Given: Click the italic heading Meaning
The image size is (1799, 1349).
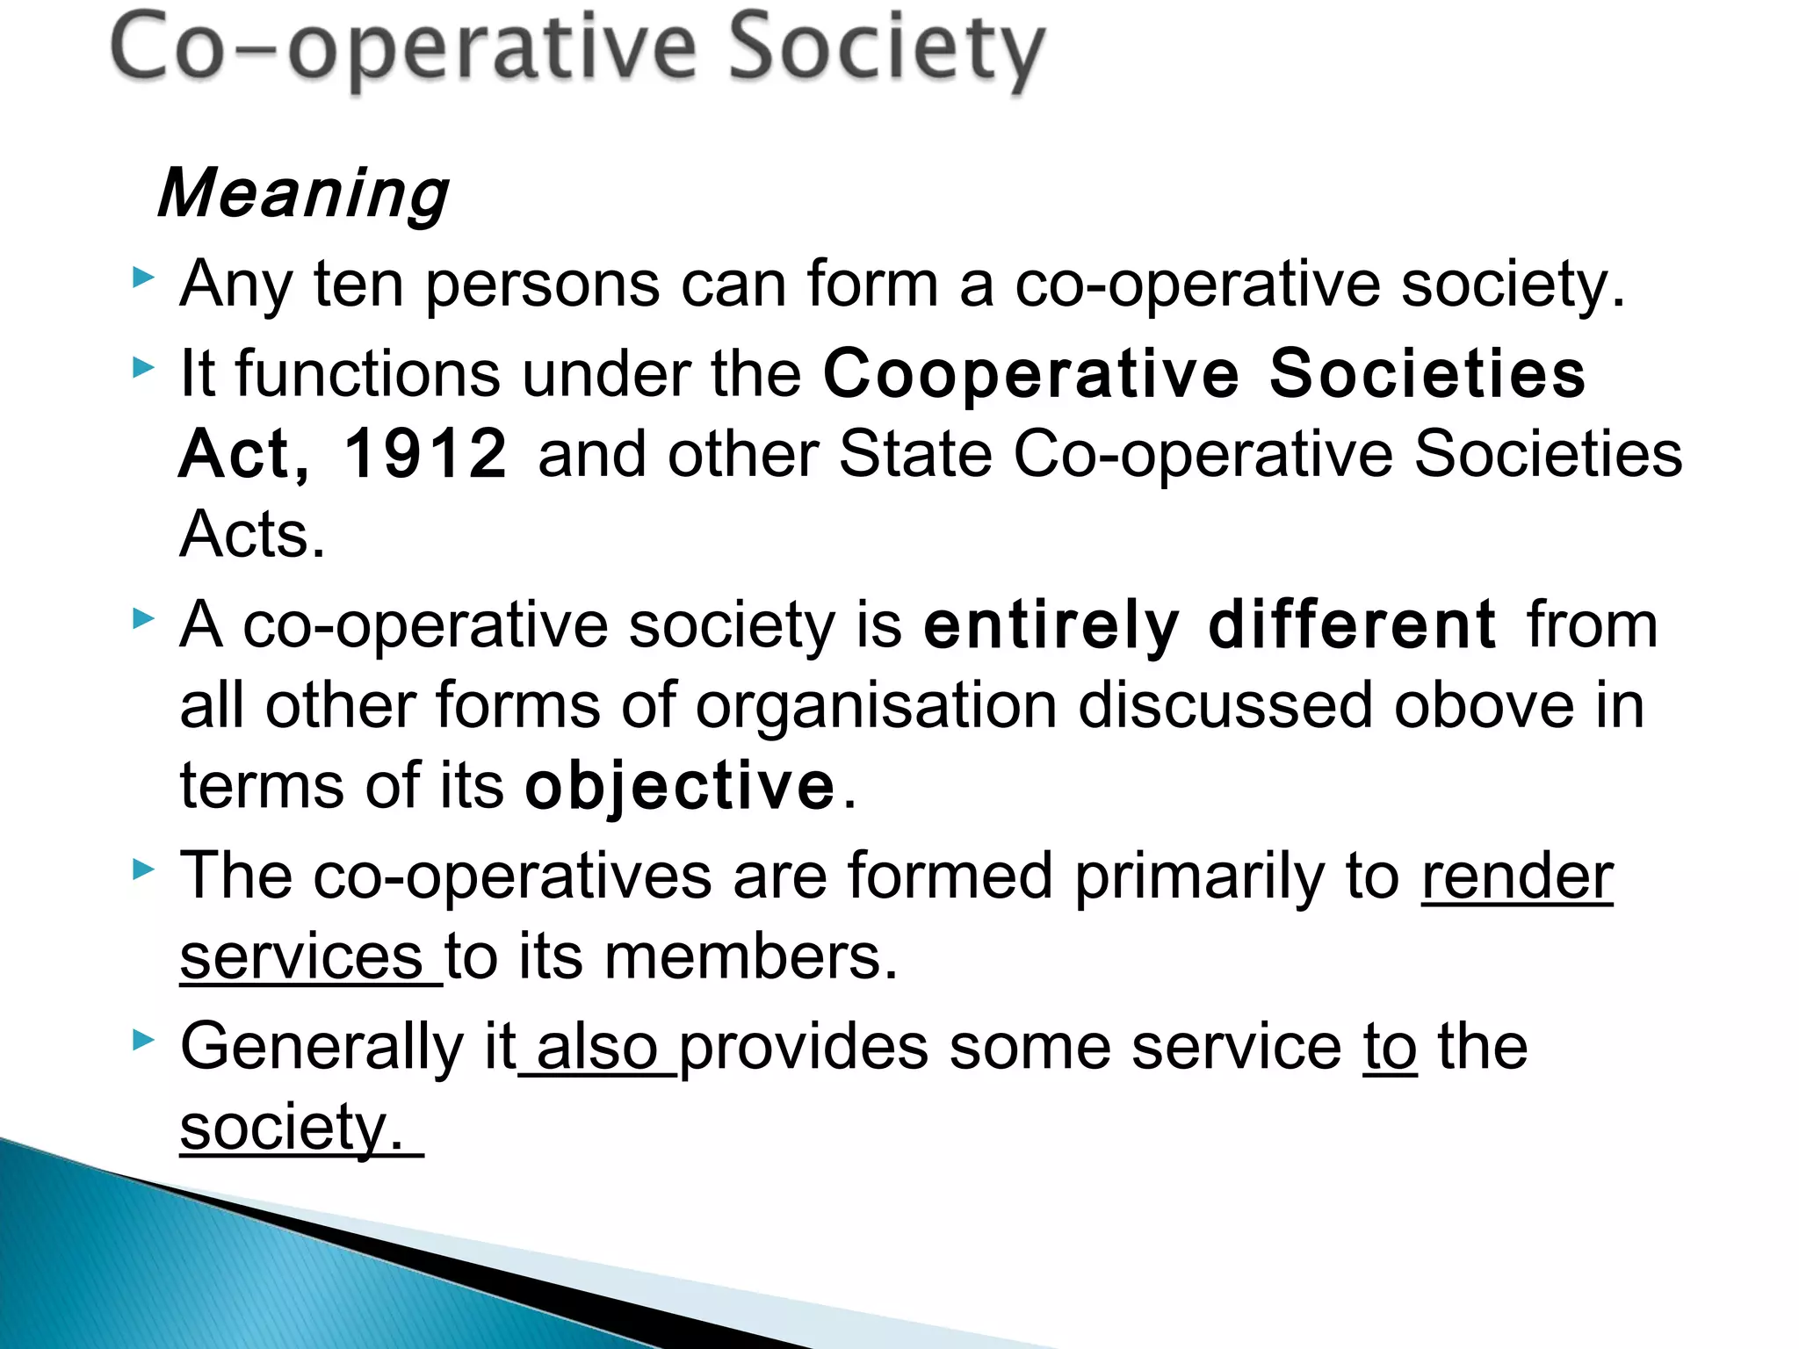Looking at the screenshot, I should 303,193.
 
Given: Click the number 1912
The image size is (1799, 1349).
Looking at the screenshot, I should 425,454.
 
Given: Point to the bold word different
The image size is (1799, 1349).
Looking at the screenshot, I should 1352,625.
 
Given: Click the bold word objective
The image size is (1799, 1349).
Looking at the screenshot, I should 680,786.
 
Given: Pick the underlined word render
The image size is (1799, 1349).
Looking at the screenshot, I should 1517,876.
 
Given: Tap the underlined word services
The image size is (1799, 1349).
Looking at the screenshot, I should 301,956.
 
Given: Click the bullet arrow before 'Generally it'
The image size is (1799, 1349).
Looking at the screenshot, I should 143,1042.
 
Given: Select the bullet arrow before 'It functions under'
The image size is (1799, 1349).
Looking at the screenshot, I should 143,368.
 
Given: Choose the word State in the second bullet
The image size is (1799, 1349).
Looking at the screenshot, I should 914,454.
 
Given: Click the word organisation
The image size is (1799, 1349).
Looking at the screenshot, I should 876,707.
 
